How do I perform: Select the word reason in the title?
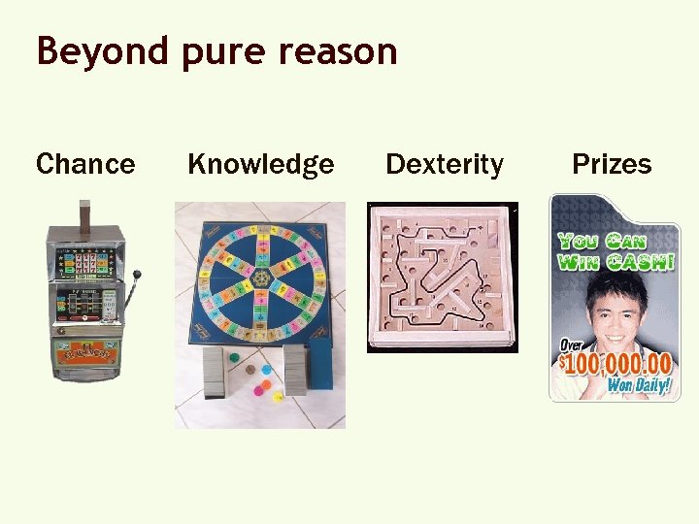point(336,51)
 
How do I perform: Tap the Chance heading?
point(85,164)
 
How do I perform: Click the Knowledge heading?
point(260,165)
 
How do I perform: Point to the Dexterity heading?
point(445,165)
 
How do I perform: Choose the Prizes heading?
point(612,164)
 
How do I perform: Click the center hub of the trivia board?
point(260,279)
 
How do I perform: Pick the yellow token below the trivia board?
point(278,397)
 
